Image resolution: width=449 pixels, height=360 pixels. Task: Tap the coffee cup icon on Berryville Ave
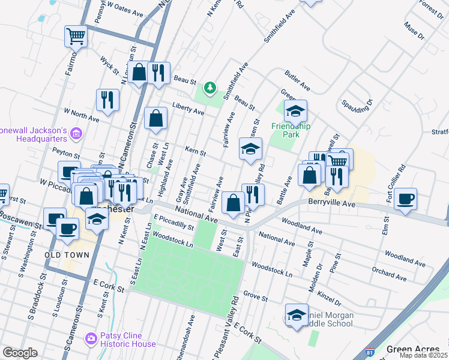tap(406, 199)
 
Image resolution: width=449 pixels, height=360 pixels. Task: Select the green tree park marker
tap(209, 88)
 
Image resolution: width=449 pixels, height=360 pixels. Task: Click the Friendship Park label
tap(291, 126)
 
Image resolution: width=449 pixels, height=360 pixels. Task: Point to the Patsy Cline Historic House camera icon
tap(91, 340)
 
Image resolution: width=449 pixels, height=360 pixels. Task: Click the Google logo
tap(20, 353)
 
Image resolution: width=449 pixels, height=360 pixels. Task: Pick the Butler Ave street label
tap(297, 80)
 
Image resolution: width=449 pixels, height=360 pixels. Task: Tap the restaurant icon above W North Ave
tap(107, 100)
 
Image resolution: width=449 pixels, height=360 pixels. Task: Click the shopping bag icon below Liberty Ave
tap(155, 119)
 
